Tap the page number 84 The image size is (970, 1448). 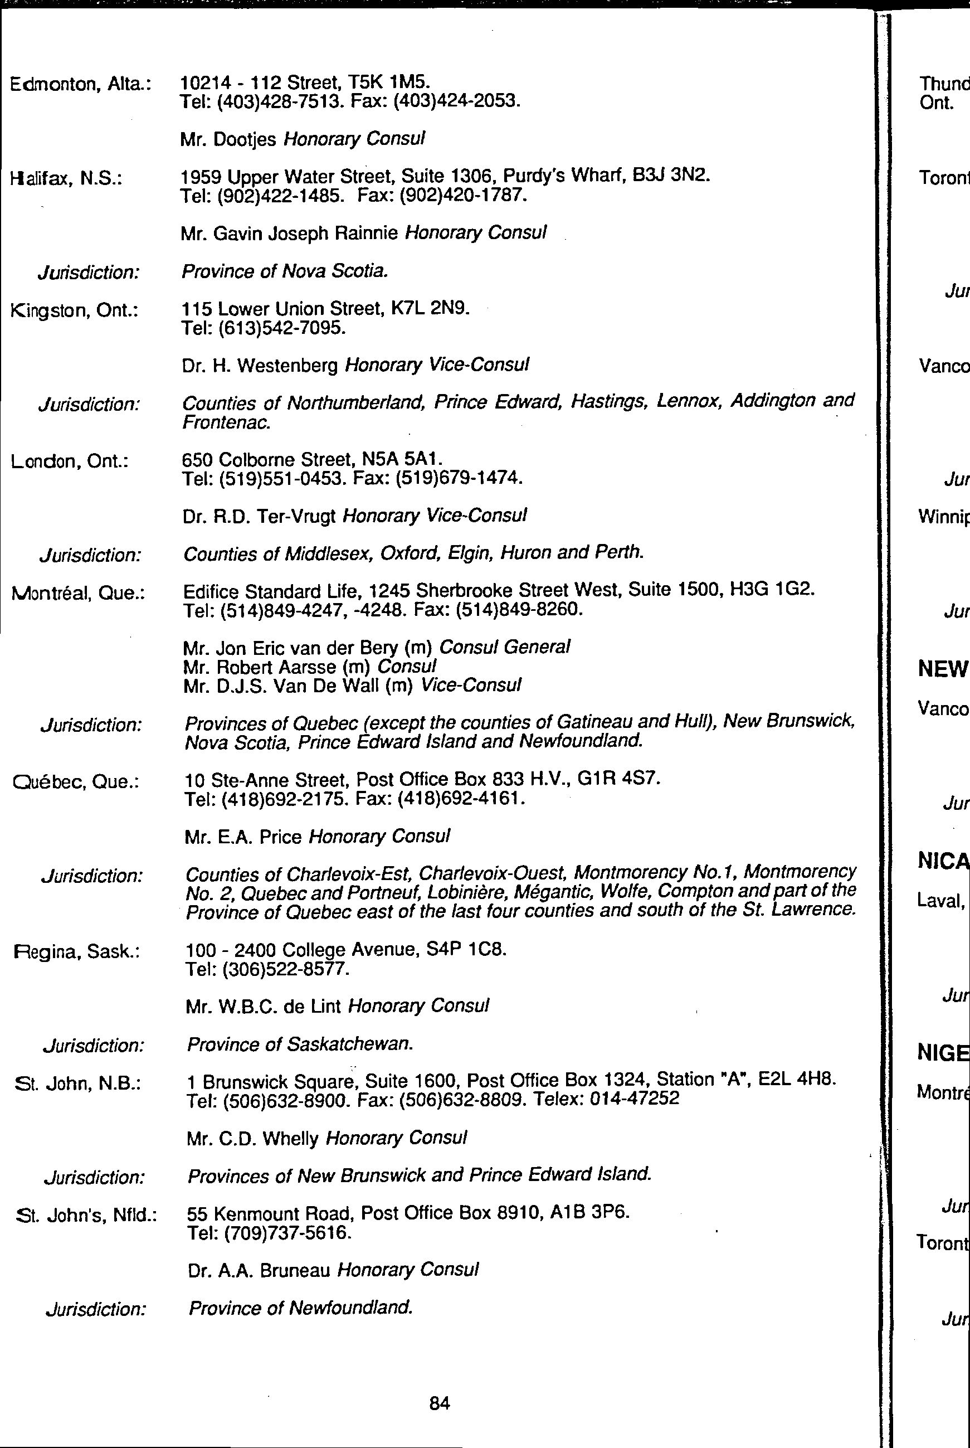point(439,1403)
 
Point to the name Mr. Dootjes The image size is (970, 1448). point(228,139)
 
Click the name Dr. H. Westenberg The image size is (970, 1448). point(260,366)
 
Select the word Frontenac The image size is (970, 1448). point(227,422)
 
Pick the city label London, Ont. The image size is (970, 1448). point(69,461)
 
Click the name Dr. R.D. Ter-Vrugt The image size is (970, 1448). point(259,516)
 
